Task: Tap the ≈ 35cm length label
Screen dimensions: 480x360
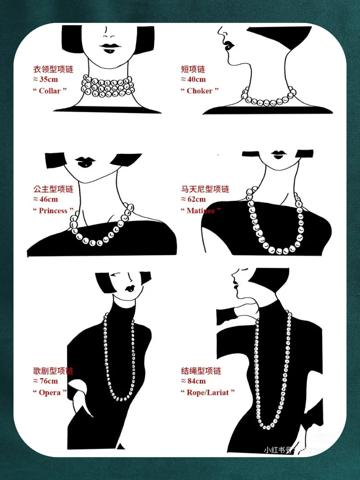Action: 45,80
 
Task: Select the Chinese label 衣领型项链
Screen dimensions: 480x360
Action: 53,69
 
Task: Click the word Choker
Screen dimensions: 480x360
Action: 199,90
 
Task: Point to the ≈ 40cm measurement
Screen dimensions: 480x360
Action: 193,80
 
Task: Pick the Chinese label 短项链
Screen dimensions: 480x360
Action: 193,69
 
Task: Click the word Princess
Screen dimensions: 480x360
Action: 53,211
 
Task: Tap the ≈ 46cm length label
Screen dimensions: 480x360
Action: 45,199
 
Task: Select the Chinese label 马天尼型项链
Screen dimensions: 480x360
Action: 205,189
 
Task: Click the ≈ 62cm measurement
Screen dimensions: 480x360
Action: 193,199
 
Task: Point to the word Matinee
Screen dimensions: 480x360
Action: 201,211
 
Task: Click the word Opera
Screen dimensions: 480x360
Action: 49,392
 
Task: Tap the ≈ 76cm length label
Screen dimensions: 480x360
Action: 45,381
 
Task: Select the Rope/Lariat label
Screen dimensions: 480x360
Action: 208,392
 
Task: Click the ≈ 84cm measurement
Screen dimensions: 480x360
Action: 193,381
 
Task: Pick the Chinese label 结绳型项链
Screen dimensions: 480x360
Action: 201,371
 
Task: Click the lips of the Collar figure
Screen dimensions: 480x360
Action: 108,47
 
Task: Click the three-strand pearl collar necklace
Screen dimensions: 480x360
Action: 108,86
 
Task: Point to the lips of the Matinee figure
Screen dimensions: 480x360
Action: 278,154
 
